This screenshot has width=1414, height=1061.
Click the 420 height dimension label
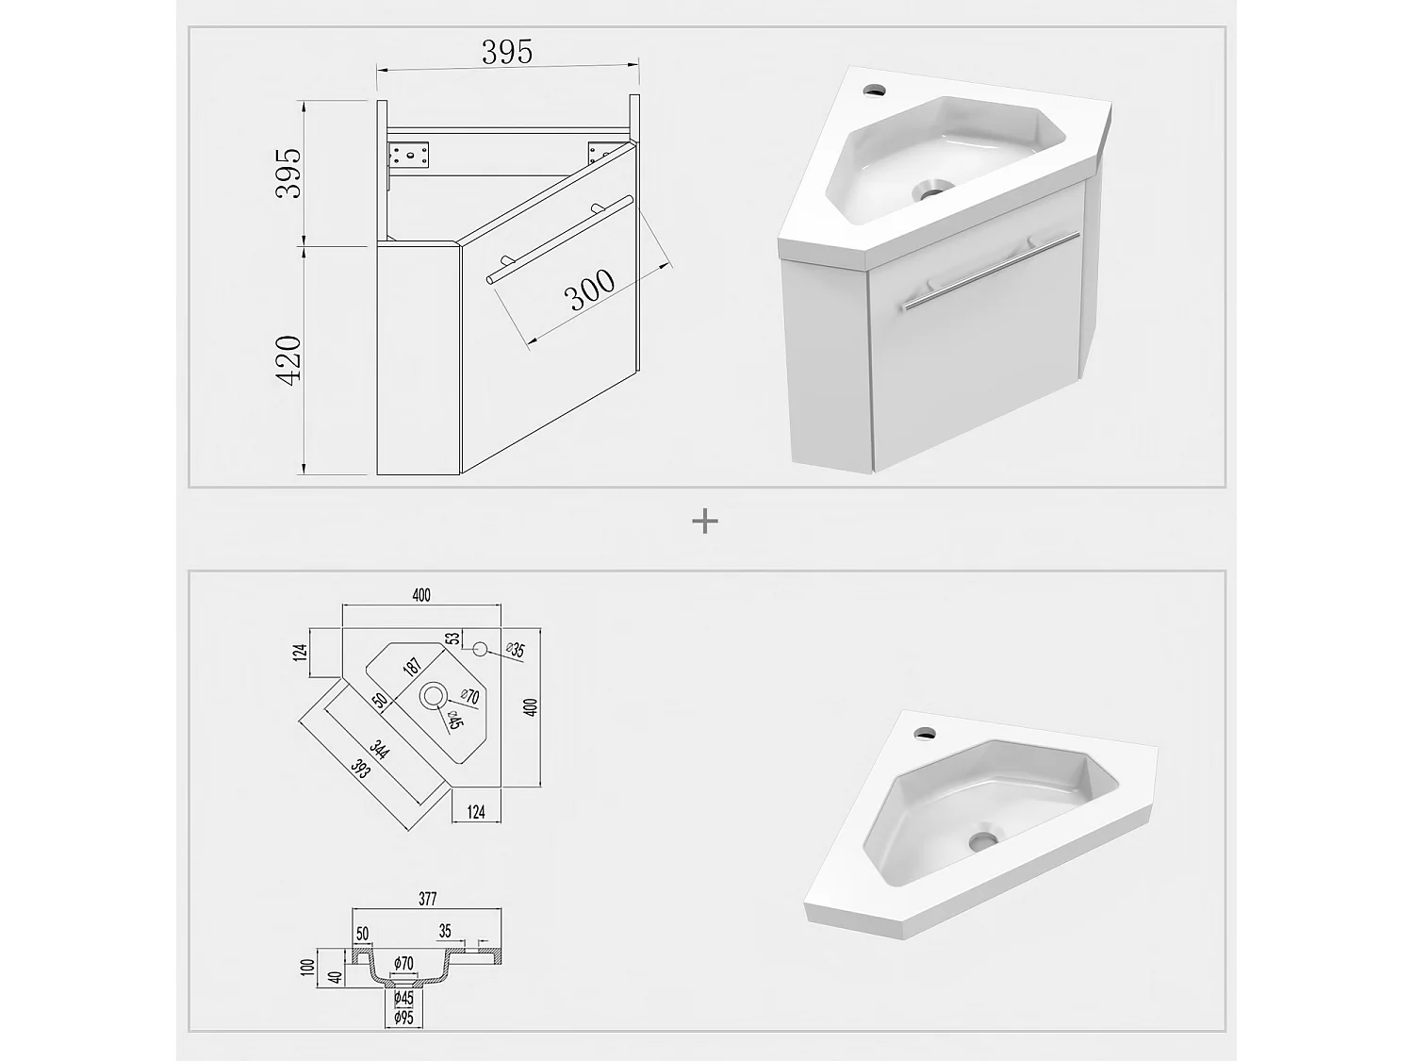(x=288, y=359)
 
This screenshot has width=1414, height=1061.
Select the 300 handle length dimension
(x=591, y=290)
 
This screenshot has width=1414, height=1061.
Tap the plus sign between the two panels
(x=705, y=521)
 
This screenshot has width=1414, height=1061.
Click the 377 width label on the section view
(x=427, y=899)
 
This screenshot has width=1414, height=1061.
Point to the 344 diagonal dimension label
(x=380, y=751)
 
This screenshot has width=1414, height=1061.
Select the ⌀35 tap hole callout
(x=515, y=649)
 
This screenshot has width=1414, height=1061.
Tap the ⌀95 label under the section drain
(x=403, y=1018)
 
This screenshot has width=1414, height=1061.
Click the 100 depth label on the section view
(x=305, y=967)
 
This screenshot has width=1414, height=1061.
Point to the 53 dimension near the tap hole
(x=453, y=638)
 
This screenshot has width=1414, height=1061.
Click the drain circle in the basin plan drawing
(x=434, y=696)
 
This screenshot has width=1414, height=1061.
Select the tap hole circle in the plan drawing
(x=479, y=649)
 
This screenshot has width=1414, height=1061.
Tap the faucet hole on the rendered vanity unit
(x=874, y=91)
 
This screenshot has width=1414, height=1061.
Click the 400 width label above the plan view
(x=421, y=595)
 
